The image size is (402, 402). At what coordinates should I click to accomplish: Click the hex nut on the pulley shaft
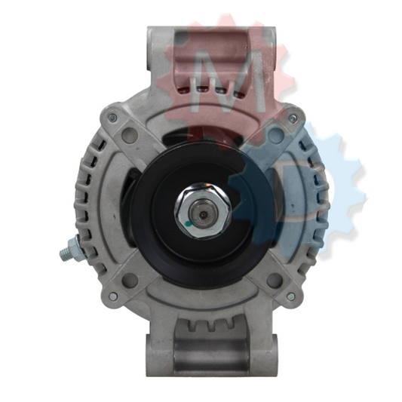coord(203,210)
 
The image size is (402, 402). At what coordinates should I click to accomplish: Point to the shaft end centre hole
coord(203,213)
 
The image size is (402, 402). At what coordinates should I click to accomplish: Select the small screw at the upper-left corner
coord(112,118)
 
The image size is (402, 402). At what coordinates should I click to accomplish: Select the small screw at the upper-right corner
coord(292,118)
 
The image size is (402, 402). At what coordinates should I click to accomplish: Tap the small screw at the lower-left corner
coord(112,296)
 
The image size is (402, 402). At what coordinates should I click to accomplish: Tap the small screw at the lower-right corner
coord(292,296)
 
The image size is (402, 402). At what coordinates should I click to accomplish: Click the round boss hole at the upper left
coord(130,134)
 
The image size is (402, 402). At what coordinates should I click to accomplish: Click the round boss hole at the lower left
coord(130,280)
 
